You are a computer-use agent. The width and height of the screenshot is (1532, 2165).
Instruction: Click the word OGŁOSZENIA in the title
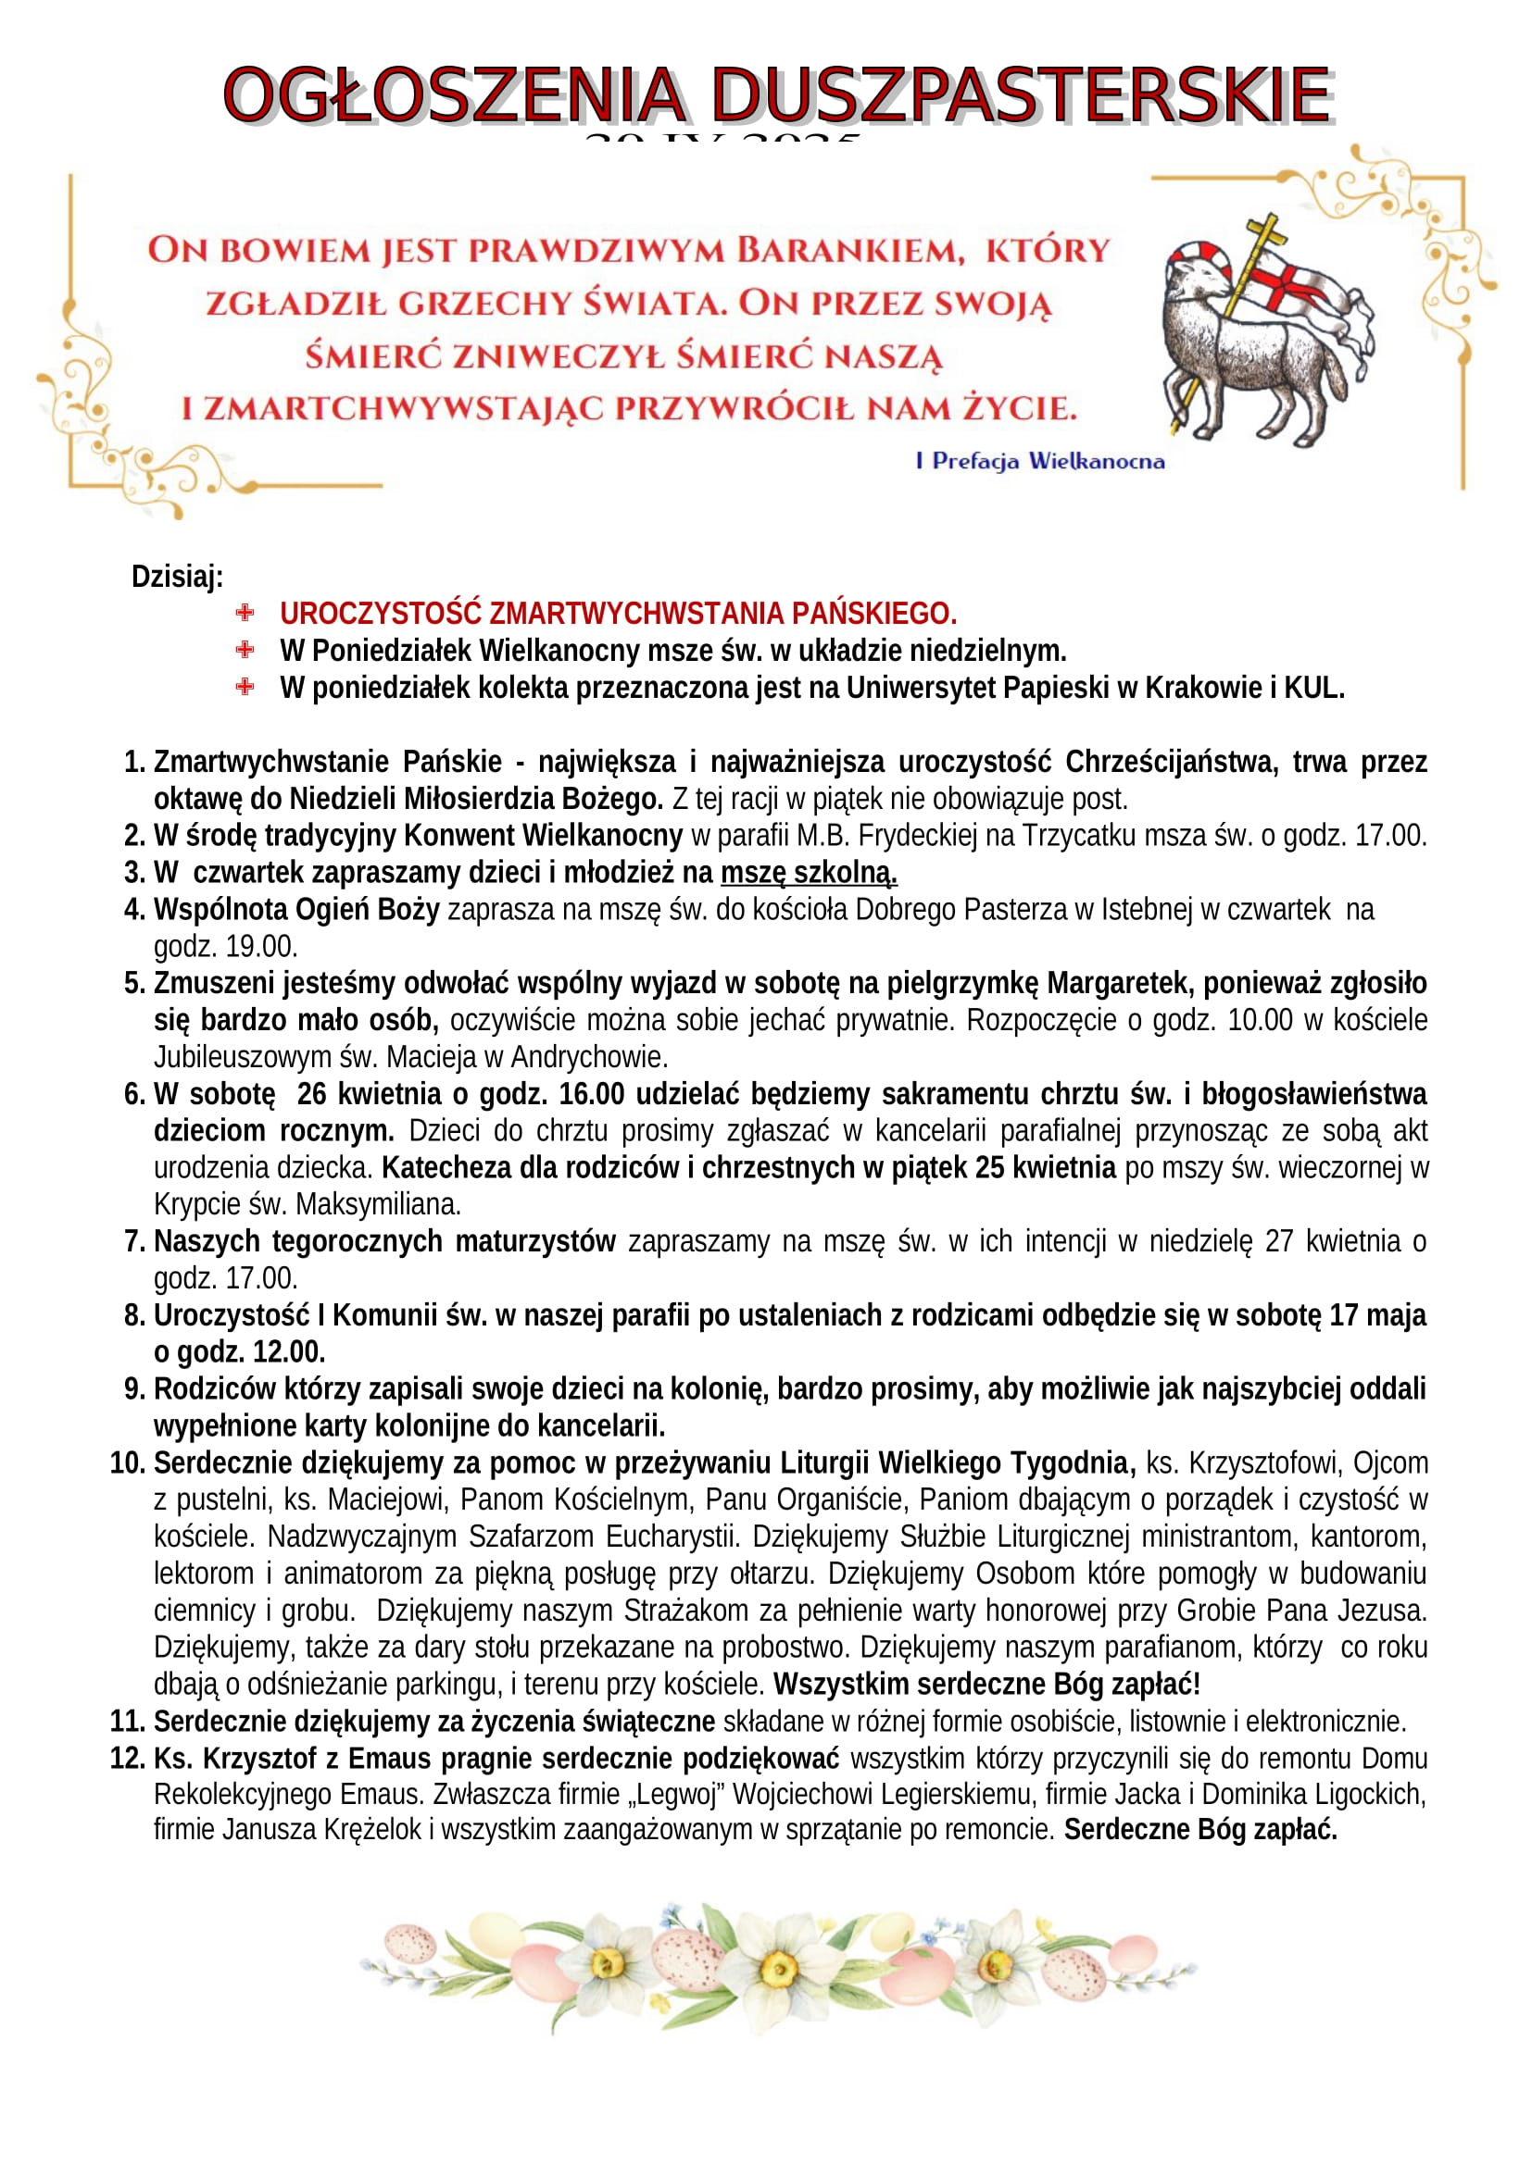click(x=454, y=95)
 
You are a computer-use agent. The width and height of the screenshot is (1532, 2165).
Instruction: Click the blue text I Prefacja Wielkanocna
click(x=1039, y=461)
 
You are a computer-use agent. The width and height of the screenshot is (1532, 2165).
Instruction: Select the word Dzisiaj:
click(x=177, y=576)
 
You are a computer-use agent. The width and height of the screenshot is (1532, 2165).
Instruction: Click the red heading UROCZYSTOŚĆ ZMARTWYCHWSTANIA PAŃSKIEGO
click(x=618, y=614)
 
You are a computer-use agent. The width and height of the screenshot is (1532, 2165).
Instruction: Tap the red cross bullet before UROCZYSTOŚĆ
click(x=245, y=613)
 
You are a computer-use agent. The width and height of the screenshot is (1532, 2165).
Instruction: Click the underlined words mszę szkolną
click(x=809, y=872)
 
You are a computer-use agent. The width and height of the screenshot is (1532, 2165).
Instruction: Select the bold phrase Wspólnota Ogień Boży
click(x=296, y=909)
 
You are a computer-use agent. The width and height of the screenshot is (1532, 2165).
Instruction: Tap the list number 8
click(x=134, y=1315)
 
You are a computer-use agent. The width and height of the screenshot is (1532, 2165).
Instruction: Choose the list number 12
click(x=126, y=1759)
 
